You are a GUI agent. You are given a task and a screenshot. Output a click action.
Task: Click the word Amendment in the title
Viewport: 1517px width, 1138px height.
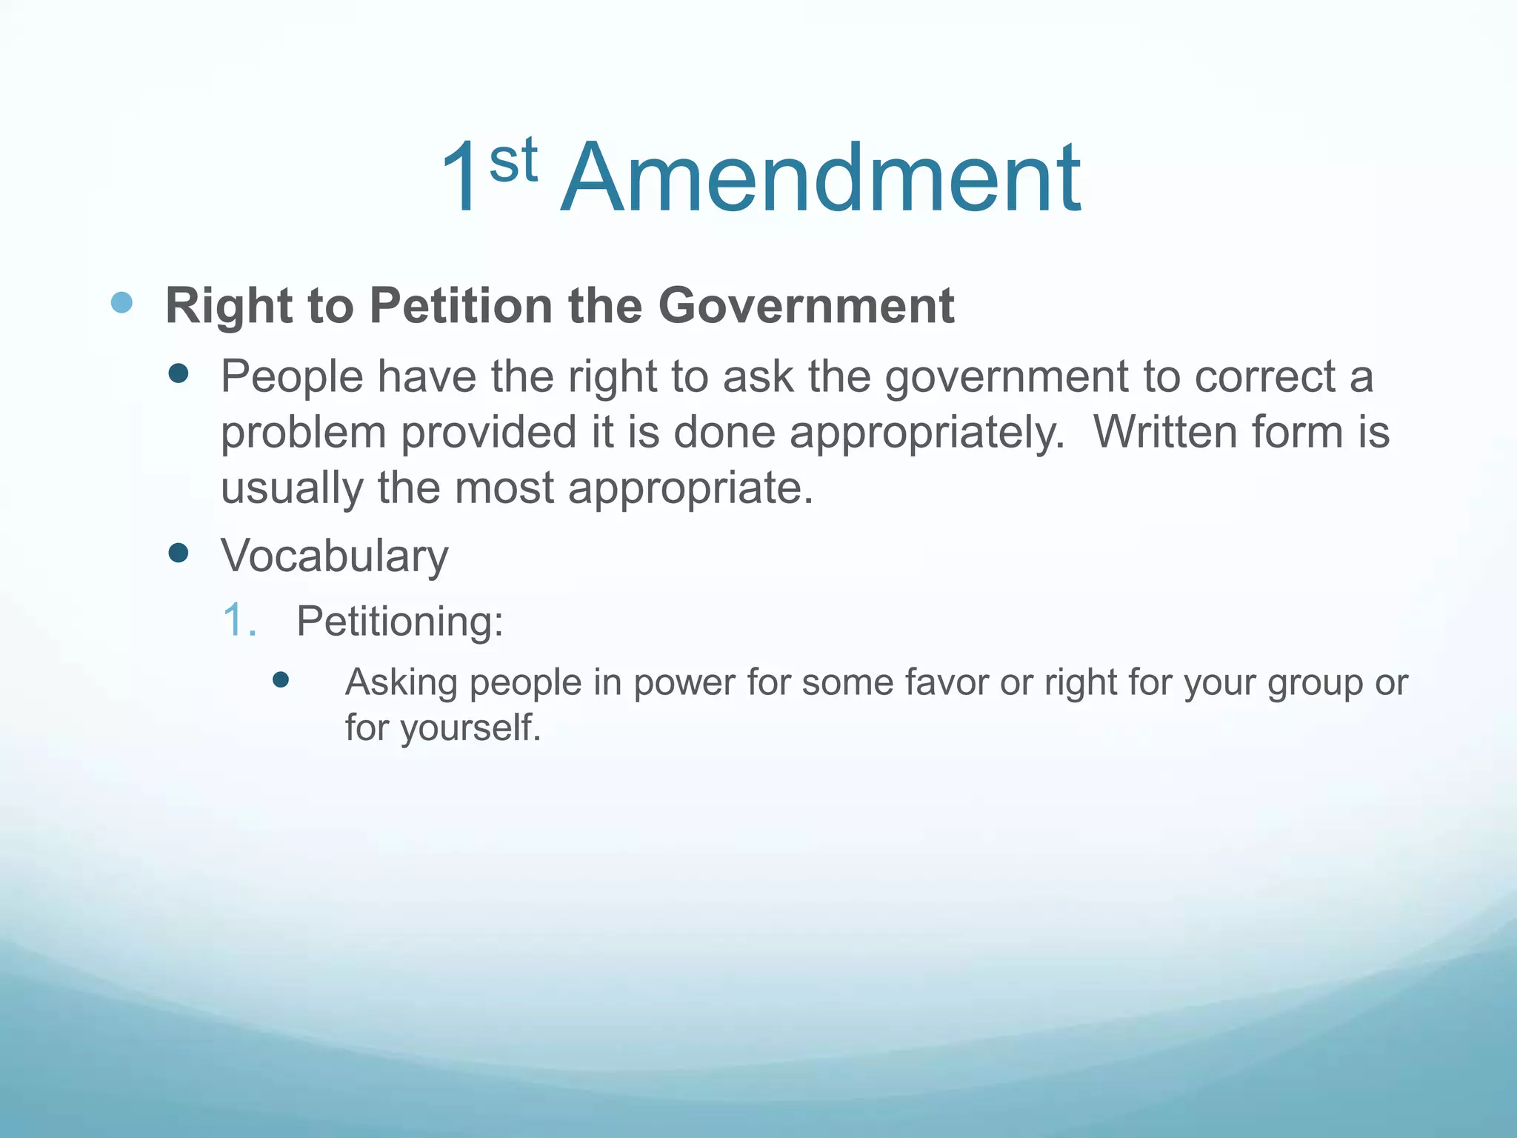click(x=821, y=179)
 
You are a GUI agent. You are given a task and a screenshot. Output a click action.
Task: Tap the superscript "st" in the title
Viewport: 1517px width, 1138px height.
click(x=513, y=160)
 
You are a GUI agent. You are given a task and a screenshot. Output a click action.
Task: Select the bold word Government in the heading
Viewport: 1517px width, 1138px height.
click(x=806, y=305)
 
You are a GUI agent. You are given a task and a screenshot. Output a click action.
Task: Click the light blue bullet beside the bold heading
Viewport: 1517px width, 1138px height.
click(x=121, y=302)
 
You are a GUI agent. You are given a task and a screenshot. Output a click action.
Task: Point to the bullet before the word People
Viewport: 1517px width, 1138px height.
click(x=179, y=373)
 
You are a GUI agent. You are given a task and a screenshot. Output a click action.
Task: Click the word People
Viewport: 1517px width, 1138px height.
click(x=292, y=376)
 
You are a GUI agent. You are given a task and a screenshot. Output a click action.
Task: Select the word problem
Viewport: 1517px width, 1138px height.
click(x=304, y=433)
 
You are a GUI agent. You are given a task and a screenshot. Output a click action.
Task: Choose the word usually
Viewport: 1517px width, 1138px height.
click(x=292, y=489)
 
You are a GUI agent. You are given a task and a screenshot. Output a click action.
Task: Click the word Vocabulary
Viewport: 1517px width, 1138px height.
click(x=335, y=556)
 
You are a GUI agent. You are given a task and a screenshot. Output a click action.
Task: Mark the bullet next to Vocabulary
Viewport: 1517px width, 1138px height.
click(x=179, y=553)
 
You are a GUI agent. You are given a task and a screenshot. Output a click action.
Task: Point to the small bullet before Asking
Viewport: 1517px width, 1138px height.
click(x=280, y=680)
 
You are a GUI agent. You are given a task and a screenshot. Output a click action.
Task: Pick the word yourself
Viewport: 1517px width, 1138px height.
click(x=471, y=728)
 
